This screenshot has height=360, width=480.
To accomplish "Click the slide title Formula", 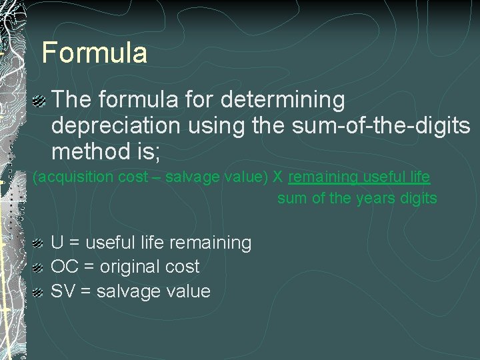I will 94,53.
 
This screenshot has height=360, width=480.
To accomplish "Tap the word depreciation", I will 115,126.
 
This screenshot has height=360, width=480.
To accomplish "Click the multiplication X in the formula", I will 278,177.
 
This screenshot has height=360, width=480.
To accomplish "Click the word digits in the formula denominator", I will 419,198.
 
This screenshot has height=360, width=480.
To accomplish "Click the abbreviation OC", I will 63,267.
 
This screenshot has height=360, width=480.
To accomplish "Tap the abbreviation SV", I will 63,291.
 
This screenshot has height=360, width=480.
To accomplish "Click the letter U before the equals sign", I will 57,243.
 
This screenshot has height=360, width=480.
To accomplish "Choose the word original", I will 130,267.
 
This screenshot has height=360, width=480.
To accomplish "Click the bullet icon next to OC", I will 39,267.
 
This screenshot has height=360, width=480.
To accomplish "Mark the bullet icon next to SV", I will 39,292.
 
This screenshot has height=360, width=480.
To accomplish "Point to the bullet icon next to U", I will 39,243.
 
